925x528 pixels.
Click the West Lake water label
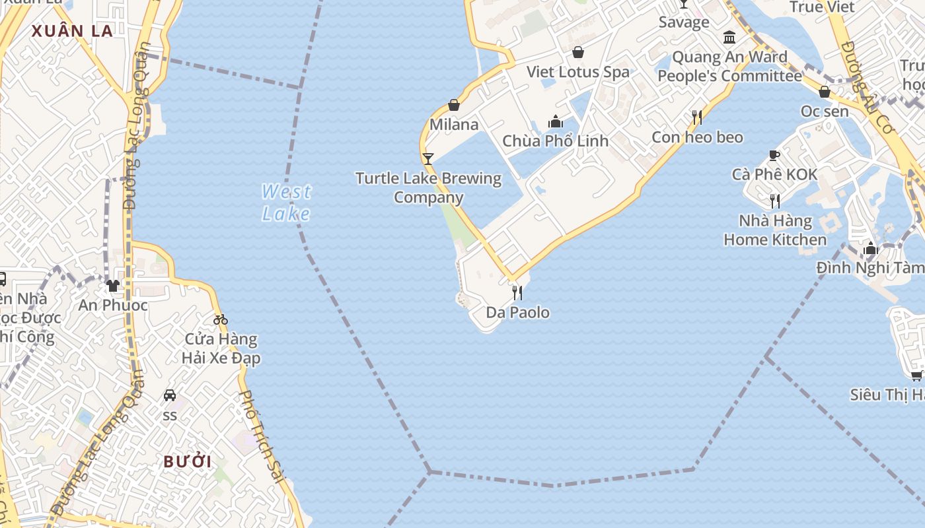click(286, 203)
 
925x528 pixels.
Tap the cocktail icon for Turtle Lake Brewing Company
click(428, 158)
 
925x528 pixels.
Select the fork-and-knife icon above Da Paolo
click(517, 292)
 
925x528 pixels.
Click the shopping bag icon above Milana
click(454, 105)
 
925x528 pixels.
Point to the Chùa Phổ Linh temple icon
click(556, 121)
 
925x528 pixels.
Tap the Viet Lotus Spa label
click(577, 72)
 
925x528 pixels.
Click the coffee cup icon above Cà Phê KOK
click(774, 156)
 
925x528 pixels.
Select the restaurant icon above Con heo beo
click(697, 117)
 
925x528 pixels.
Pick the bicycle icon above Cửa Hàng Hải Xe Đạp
click(221, 320)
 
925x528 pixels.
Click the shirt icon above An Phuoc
click(113, 286)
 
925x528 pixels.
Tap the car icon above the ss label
click(170, 395)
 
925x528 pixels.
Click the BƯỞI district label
click(188, 461)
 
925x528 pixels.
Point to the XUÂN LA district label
click(72, 30)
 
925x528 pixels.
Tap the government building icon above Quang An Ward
click(729, 37)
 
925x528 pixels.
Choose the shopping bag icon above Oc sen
click(825, 92)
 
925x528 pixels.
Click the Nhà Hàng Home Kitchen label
click(775, 230)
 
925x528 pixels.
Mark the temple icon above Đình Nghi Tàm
click(871, 249)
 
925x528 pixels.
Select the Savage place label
click(684, 22)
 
